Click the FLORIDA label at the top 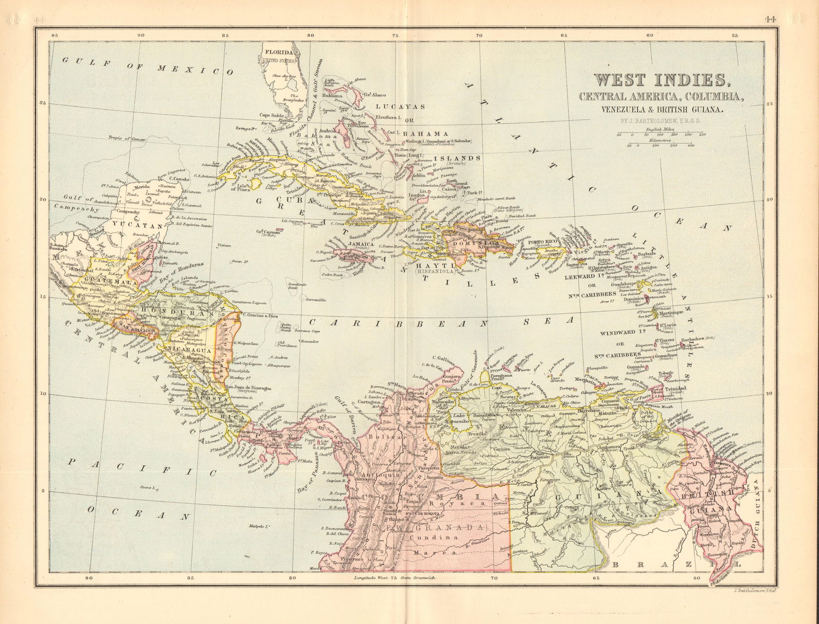click(x=279, y=53)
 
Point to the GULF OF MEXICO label click(x=143, y=66)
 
